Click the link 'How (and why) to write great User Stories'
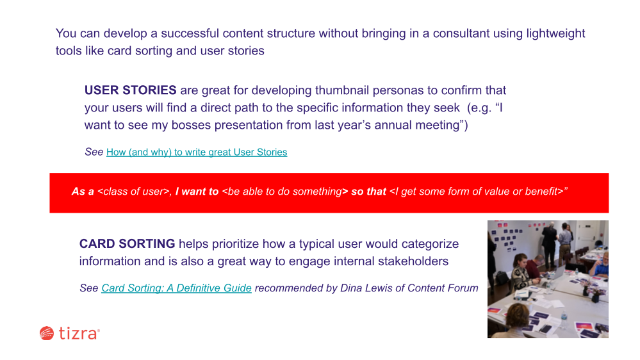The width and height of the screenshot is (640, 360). (197, 152)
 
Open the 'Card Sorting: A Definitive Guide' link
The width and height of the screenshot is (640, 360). (176, 288)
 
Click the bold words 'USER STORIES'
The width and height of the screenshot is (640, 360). (131, 90)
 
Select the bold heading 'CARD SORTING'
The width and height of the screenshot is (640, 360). (127, 243)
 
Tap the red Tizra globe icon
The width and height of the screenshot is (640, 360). (47, 333)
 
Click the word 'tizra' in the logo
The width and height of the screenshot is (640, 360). (78, 333)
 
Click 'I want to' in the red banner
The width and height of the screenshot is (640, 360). (197, 192)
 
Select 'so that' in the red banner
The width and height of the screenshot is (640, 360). (368, 192)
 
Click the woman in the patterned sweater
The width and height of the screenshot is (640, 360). (520, 272)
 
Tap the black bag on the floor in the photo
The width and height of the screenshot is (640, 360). (501, 279)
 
